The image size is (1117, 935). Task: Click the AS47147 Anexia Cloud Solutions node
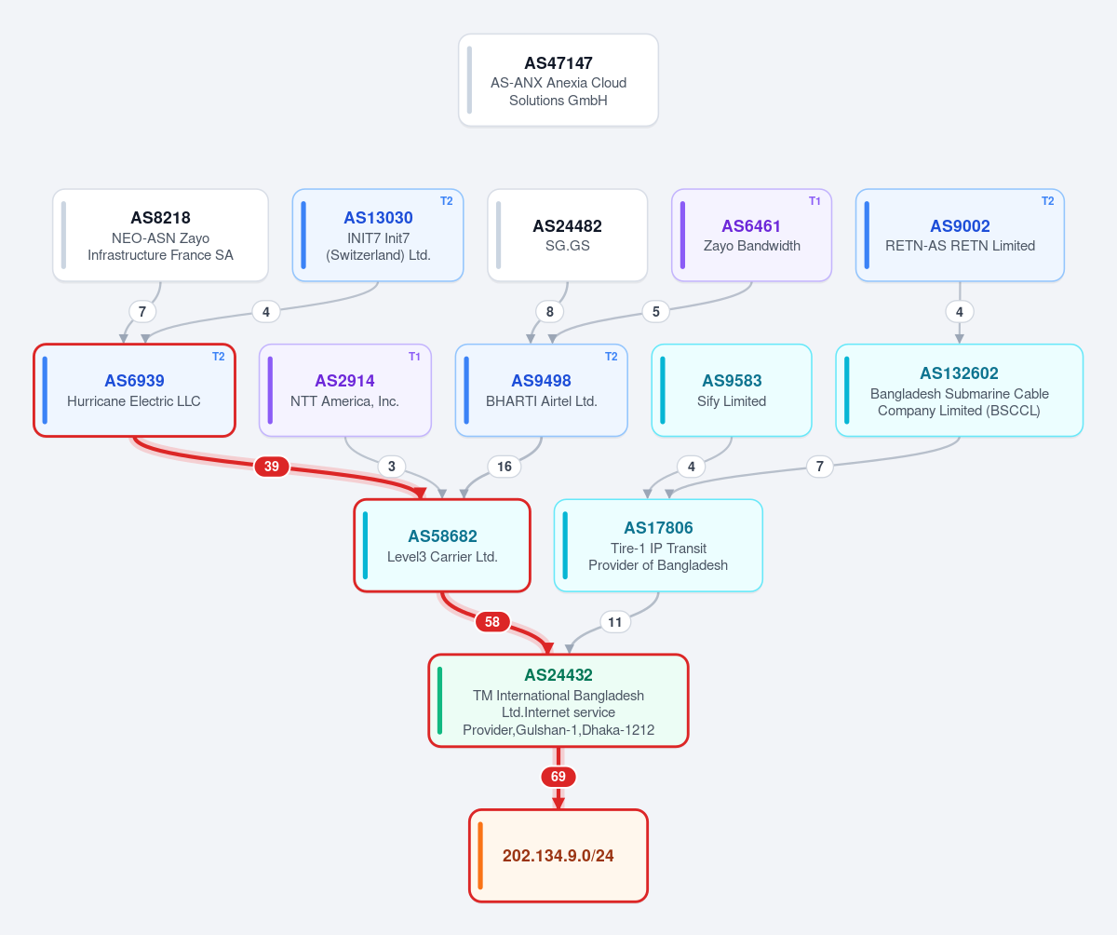tap(558, 80)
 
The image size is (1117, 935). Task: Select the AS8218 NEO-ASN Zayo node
tap(160, 235)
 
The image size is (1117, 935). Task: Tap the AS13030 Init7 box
tap(378, 235)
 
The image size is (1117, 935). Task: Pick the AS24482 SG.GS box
tap(567, 235)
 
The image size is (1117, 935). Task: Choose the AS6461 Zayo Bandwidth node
tap(751, 235)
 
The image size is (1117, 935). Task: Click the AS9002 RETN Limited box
tap(960, 235)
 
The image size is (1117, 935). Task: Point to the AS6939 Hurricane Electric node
tap(134, 390)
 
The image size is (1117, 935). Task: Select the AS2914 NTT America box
tap(345, 390)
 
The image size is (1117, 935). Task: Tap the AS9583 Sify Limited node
tap(732, 390)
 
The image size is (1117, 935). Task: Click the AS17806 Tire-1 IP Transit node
tap(658, 546)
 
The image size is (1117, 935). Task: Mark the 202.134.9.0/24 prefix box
tap(558, 855)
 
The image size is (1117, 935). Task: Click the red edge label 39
tap(271, 467)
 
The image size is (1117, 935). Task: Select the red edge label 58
tap(492, 621)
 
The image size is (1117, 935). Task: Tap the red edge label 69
tap(558, 776)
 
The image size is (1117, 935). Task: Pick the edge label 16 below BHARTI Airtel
tap(504, 467)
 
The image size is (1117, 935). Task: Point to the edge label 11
tap(614, 622)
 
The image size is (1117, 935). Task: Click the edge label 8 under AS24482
tap(549, 311)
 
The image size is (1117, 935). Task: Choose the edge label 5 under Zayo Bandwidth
tap(656, 311)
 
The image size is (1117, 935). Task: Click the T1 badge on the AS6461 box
tap(814, 201)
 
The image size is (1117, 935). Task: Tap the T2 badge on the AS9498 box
tap(611, 357)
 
